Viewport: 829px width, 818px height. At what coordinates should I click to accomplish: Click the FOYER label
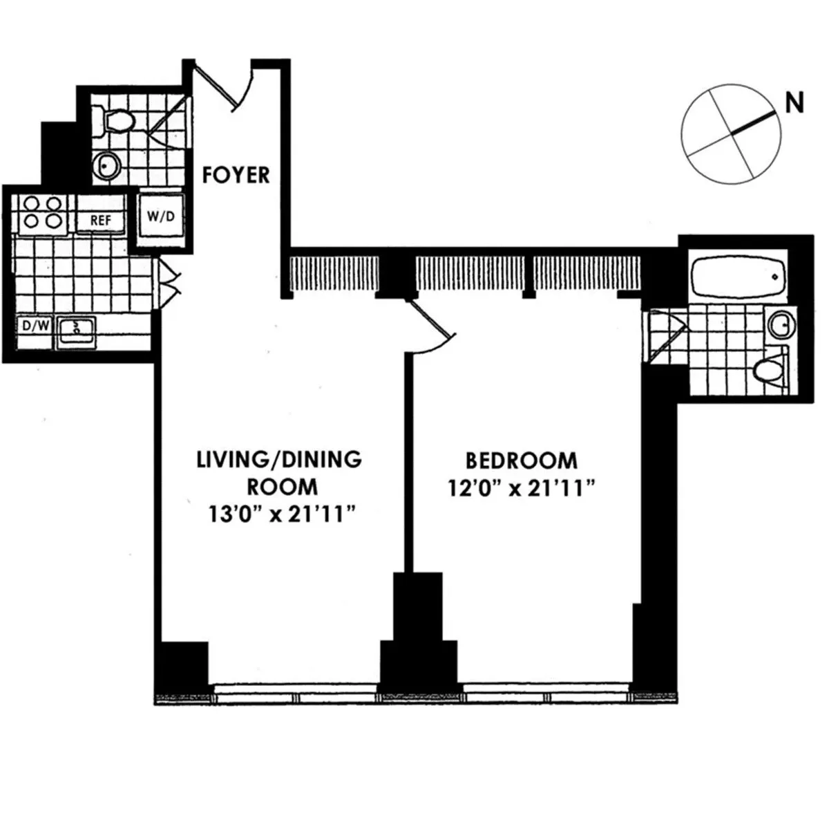pyautogui.click(x=236, y=175)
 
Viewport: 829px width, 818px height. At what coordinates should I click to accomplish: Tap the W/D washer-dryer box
pyautogui.click(x=160, y=216)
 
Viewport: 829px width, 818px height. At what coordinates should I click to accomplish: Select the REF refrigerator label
pyautogui.click(x=101, y=221)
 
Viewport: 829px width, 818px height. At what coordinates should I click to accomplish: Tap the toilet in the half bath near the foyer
pyautogui.click(x=115, y=122)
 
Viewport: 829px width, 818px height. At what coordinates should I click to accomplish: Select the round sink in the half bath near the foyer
pyautogui.click(x=106, y=166)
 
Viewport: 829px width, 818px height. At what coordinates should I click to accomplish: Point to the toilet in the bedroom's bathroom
pyautogui.click(x=771, y=371)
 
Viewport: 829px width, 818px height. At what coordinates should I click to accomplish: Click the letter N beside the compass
pyautogui.click(x=794, y=104)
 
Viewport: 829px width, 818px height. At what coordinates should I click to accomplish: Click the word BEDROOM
pyautogui.click(x=521, y=461)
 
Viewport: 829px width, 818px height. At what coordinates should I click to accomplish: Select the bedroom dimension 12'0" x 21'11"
pyautogui.click(x=521, y=489)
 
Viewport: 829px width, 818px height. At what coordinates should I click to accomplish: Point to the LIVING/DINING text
pyautogui.click(x=279, y=459)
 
